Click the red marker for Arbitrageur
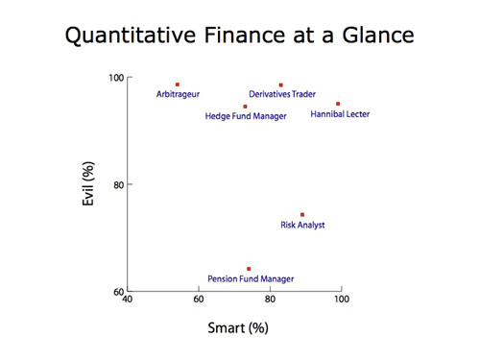click(x=178, y=84)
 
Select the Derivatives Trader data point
click(x=280, y=84)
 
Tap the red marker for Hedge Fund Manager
click(x=246, y=107)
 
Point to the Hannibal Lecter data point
click(x=338, y=104)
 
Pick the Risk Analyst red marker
click(x=302, y=215)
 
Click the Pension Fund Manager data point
click(x=249, y=269)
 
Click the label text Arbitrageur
click(x=178, y=94)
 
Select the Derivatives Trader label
click(x=282, y=94)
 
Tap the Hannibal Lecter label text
click(x=340, y=114)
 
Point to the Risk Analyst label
click(x=302, y=226)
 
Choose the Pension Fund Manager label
click(x=251, y=279)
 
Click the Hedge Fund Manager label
click(x=246, y=117)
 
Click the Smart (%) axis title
click(x=237, y=328)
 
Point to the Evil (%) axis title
click(x=88, y=184)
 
